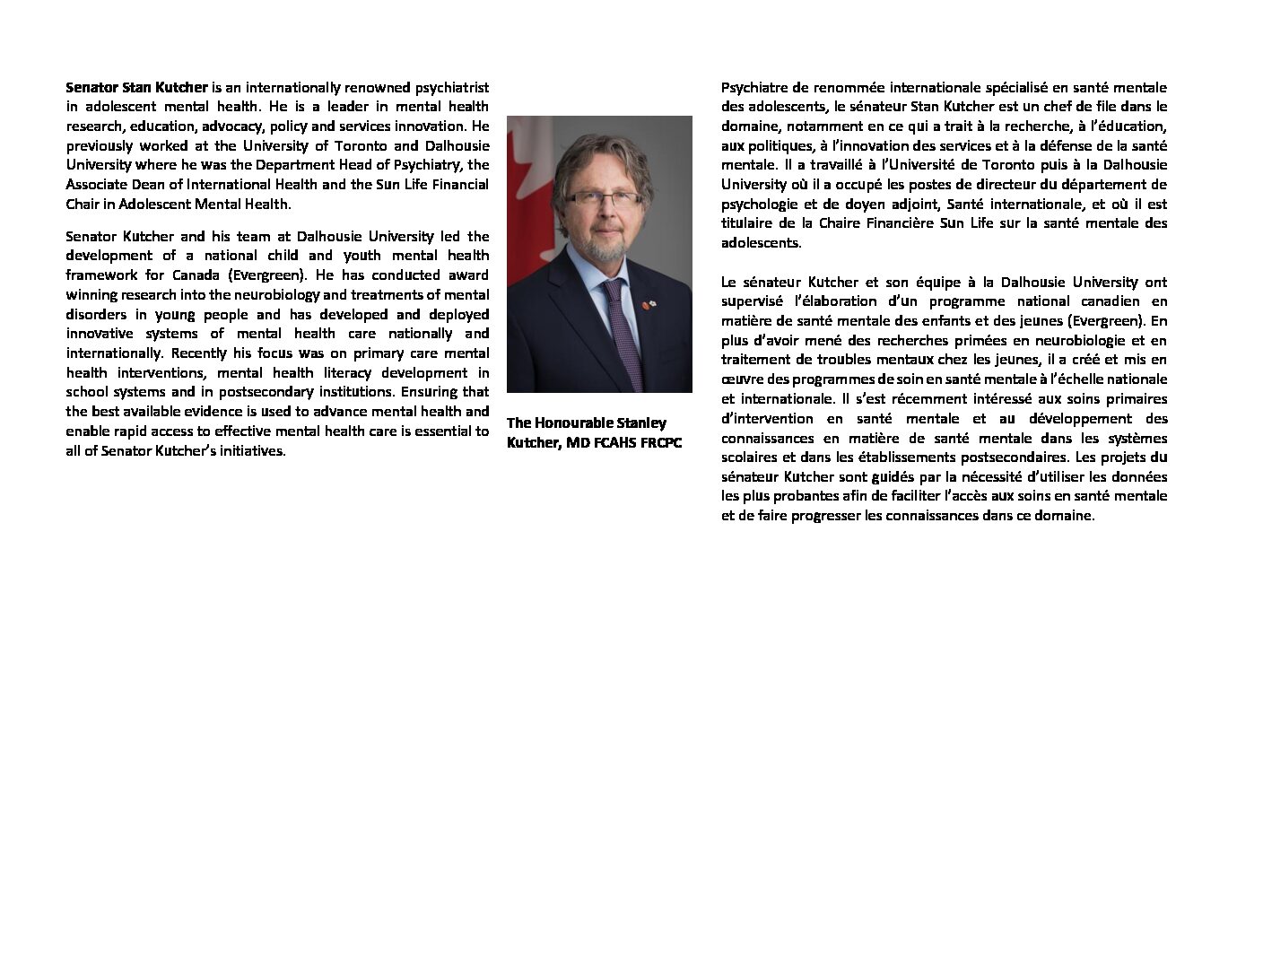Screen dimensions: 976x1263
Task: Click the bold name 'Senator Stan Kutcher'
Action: click(x=136, y=88)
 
